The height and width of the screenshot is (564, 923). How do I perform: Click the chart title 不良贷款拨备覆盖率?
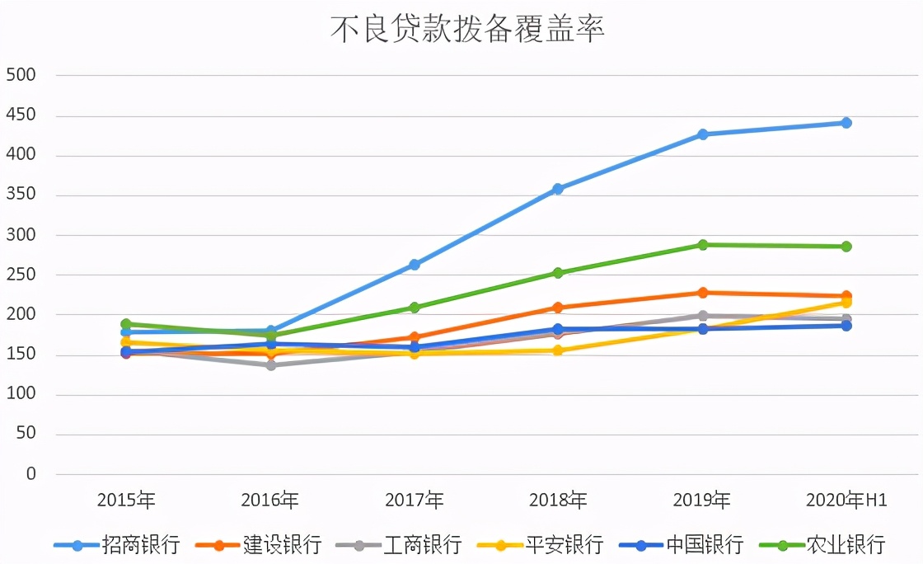[467, 29]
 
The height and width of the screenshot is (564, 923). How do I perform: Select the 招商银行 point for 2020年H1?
[846, 123]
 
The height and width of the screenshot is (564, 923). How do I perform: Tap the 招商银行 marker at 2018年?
[558, 189]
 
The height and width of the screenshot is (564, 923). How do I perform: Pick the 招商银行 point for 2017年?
[415, 265]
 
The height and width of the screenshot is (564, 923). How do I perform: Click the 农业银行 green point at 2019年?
[703, 245]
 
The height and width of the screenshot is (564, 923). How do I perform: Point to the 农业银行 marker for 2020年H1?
[846, 247]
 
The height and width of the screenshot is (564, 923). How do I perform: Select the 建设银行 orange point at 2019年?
[703, 293]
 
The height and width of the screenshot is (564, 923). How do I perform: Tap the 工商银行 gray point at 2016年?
[270, 364]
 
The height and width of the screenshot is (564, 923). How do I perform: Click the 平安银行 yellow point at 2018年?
[558, 350]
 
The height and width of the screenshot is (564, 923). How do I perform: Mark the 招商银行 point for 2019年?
[703, 134]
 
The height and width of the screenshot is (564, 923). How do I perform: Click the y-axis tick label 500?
[21, 75]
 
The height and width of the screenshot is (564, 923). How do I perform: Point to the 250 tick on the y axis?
[21, 275]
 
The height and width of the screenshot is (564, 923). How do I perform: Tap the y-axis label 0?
[31, 474]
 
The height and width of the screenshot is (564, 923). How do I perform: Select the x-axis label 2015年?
[126, 501]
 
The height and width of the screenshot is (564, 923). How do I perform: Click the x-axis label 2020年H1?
[846, 501]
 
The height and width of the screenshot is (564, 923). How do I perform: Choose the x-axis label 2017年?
[415, 501]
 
